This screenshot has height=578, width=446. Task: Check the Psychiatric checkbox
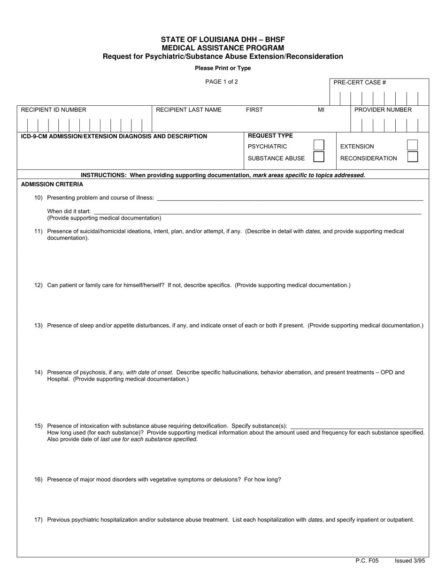tap(319, 145)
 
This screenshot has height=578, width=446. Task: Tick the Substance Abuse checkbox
tap(319, 157)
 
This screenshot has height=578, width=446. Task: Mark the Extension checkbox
tap(412, 145)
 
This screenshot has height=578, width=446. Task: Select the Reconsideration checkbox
tap(412, 157)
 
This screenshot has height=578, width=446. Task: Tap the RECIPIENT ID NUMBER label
tap(54, 109)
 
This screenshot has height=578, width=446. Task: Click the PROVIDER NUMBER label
tap(383, 109)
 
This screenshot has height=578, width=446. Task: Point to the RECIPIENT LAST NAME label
tap(188, 109)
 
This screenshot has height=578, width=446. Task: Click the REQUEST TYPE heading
tap(270, 136)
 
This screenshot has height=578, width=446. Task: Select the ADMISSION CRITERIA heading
tap(52, 184)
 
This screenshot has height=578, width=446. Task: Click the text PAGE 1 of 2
tap(222, 82)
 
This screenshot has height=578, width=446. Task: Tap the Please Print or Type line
tap(223, 68)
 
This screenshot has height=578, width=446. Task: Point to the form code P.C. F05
tap(367, 561)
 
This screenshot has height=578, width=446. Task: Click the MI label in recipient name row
tap(321, 109)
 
